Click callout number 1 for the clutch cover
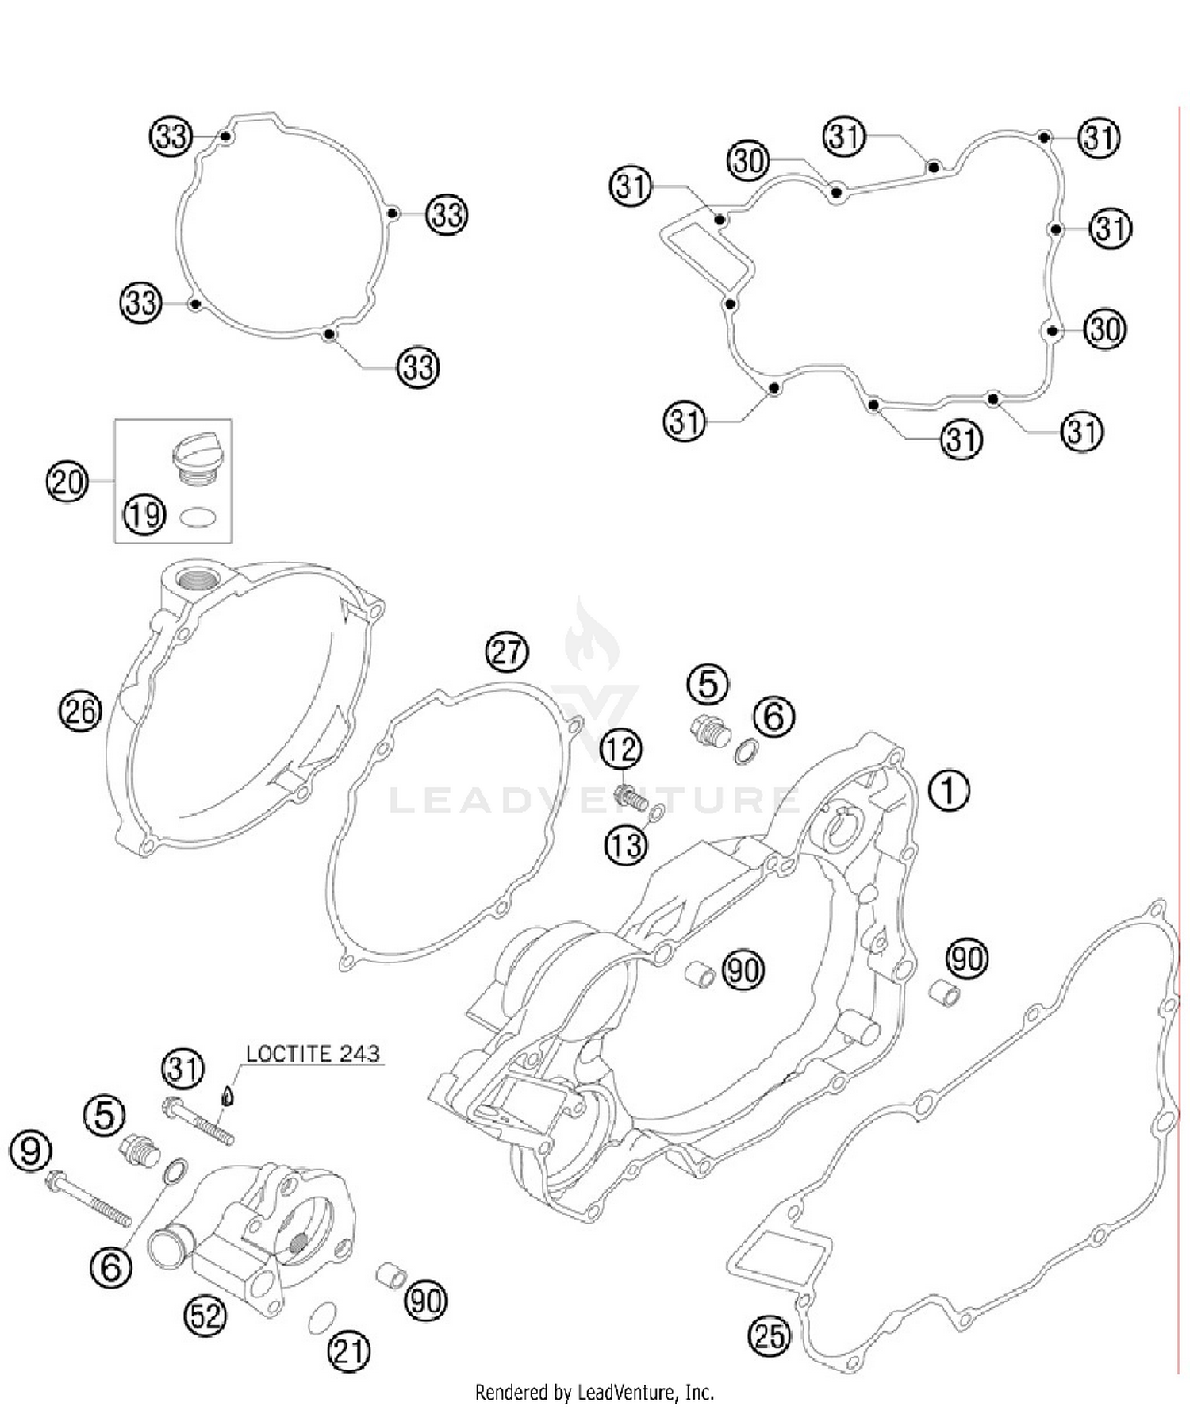(x=948, y=791)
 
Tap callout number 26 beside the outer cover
(x=80, y=710)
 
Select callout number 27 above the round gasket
(x=506, y=651)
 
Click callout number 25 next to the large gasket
(x=769, y=1335)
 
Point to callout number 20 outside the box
(x=67, y=482)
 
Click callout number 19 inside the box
(x=144, y=515)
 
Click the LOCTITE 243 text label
(x=313, y=1054)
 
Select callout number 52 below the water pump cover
(x=205, y=1316)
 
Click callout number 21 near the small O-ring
(x=349, y=1350)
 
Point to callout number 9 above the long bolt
(x=30, y=1151)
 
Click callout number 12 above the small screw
(x=620, y=748)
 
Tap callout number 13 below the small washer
(x=626, y=846)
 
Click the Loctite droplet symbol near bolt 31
(x=228, y=1096)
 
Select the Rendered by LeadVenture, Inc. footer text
(x=594, y=1393)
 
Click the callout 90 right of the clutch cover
(x=966, y=959)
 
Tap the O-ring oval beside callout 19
(x=198, y=517)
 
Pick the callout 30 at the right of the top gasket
(x=1105, y=328)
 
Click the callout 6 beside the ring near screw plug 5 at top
(x=773, y=716)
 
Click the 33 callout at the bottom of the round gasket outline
(x=418, y=367)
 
